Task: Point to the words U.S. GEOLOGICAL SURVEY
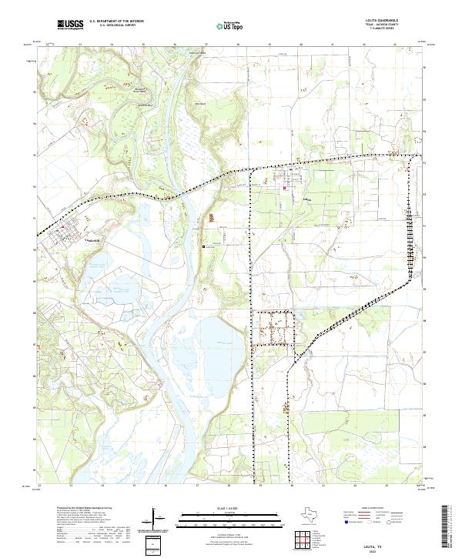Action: tap(116, 26)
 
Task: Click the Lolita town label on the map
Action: tap(306, 197)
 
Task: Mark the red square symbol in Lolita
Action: tap(285, 189)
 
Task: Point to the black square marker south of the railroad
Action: tap(203, 246)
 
